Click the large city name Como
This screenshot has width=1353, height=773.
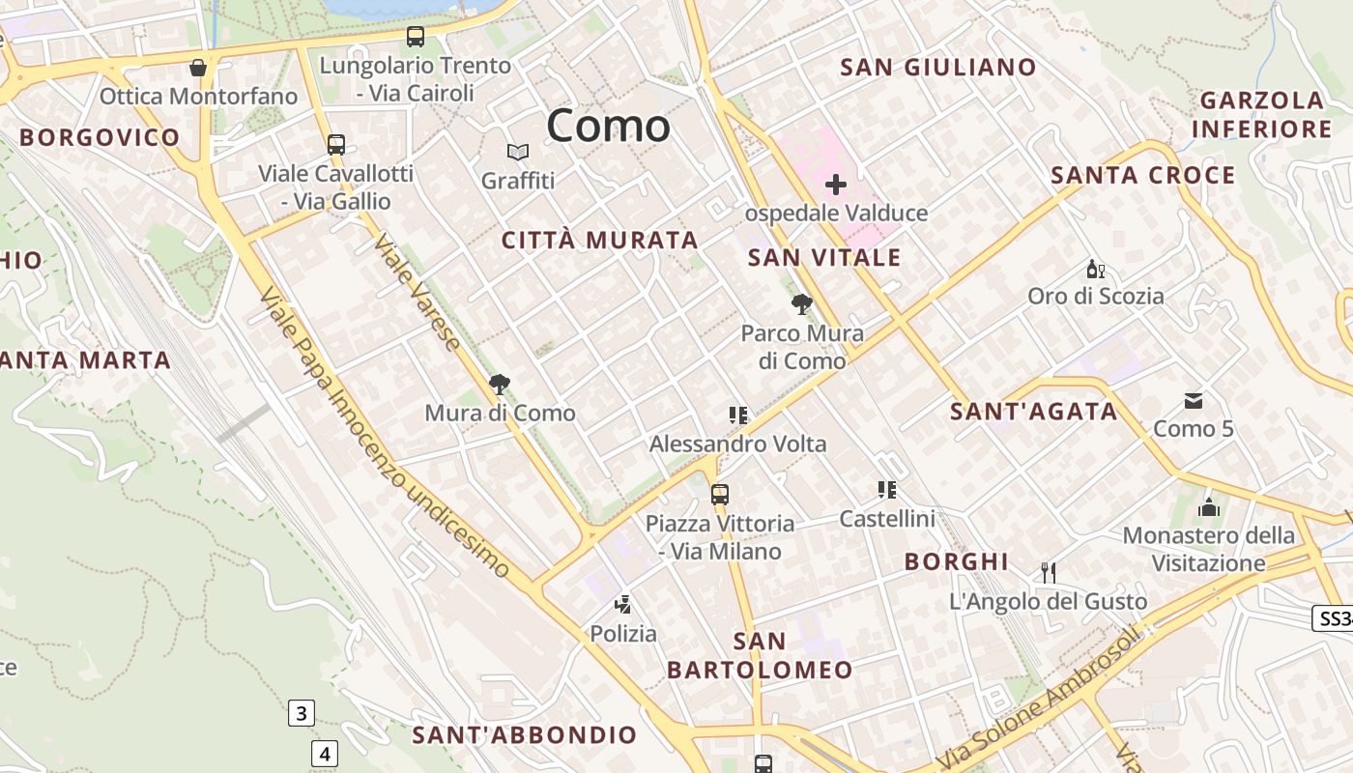[608, 127]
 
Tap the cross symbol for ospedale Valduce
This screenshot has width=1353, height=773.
[836, 184]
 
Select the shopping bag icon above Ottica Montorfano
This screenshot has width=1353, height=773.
[198, 68]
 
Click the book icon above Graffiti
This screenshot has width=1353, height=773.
[518, 152]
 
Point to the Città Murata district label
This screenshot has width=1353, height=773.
[599, 241]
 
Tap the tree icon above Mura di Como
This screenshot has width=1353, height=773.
[499, 385]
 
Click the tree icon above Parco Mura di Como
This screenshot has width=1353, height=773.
[801, 305]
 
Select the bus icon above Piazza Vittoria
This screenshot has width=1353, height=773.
[719, 495]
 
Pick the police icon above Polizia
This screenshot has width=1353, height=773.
[623, 606]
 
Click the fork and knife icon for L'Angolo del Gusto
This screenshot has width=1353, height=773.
[1049, 572]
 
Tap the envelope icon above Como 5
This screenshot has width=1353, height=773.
[1194, 401]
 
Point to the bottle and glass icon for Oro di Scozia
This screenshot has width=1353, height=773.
[1095, 269]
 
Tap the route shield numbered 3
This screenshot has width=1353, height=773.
[301, 714]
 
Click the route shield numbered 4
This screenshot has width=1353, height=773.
[325, 753]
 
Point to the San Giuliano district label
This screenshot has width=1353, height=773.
[937, 68]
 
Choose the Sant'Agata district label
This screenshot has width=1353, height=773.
[1033, 412]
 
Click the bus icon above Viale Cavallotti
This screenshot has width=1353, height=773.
[335, 145]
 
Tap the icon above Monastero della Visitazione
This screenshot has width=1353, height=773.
[1208, 507]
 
